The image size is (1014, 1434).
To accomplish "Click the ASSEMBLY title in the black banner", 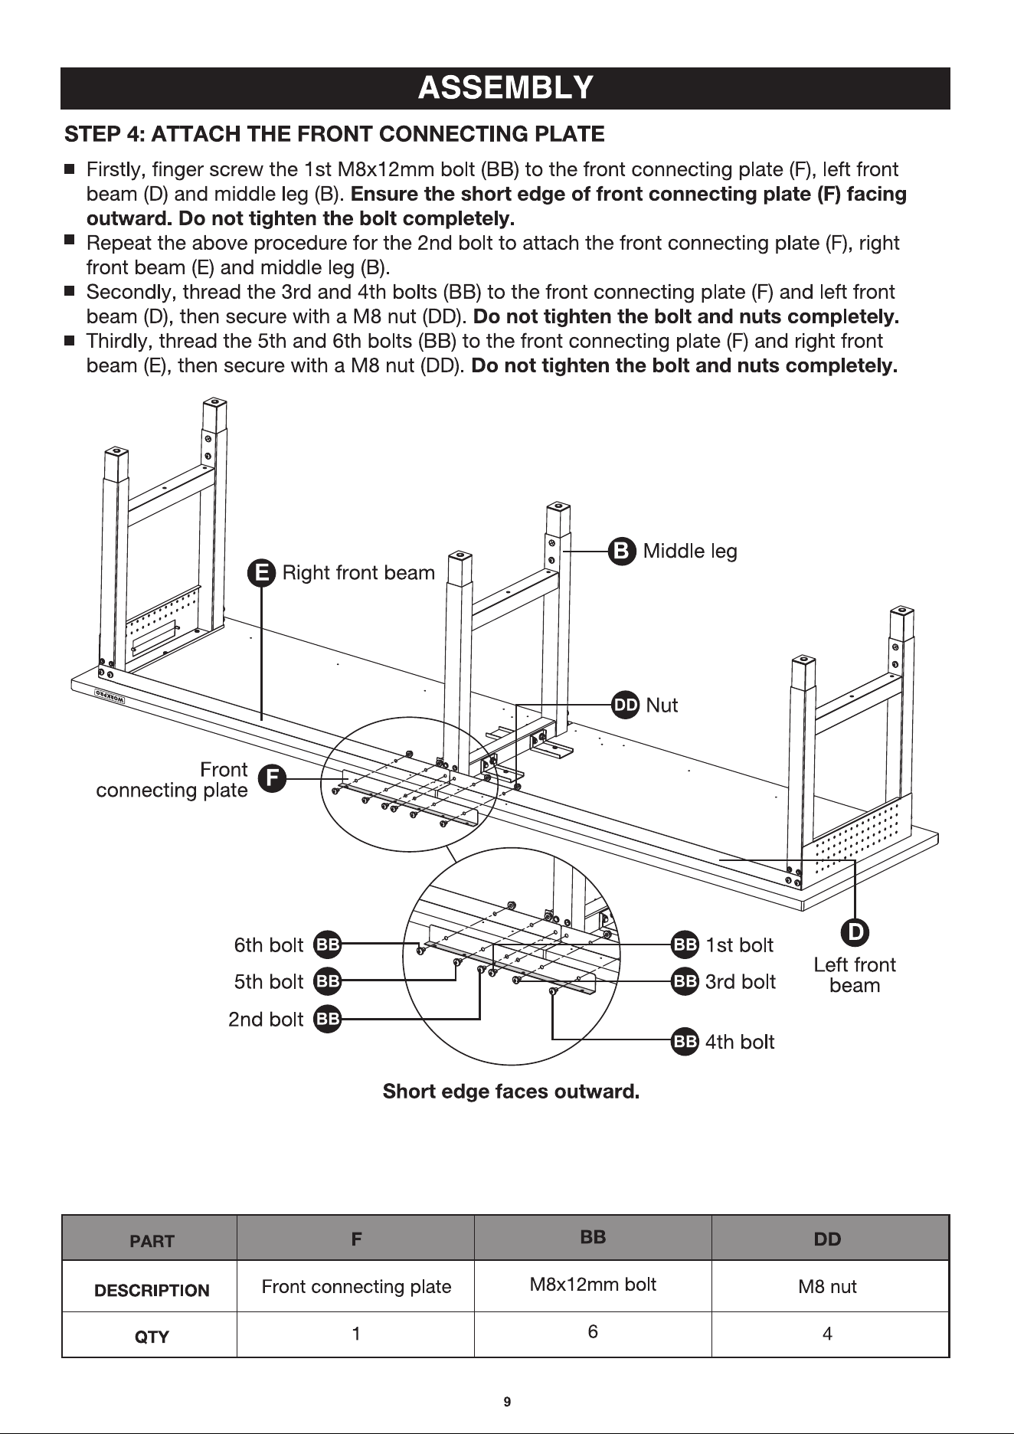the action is pyautogui.click(x=505, y=88).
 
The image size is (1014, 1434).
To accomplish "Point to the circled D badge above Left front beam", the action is pyautogui.click(x=854, y=931).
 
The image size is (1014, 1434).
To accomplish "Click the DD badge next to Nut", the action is pyautogui.click(x=626, y=706).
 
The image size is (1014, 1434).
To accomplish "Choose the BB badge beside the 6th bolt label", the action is pyautogui.click(x=328, y=945).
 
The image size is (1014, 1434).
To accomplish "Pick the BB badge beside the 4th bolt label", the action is pyautogui.click(x=685, y=1042).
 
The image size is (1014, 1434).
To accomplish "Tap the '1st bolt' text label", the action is pyautogui.click(x=740, y=945).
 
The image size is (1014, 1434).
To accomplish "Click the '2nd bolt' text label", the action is pyautogui.click(x=266, y=1020).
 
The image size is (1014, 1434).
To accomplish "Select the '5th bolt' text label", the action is pyautogui.click(x=269, y=982).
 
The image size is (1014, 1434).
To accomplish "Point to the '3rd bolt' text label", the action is pyautogui.click(x=741, y=982).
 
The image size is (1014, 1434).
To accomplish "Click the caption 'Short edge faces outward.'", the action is pyautogui.click(x=511, y=1090).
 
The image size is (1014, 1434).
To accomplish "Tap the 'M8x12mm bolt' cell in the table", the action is pyautogui.click(x=593, y=1285).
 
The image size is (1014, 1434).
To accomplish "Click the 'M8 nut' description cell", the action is pyautogui.click(x=827, y=1287).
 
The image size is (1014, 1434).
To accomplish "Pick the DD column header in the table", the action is pyautogui.click(x=827, y=1239).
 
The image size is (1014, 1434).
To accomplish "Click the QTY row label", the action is pyautogui.click(x=152, y=1337).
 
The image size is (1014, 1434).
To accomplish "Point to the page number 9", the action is pyautogui.click(x=507, y=1403).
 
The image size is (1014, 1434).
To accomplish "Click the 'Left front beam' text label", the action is pyautogui.click(x=855, y=975).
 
